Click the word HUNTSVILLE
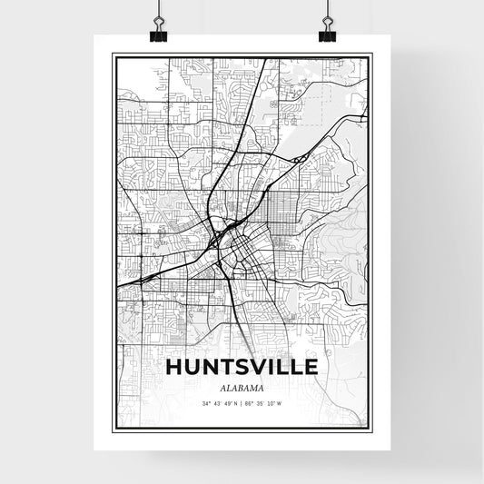[242, 368]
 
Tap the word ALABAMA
[242, 388]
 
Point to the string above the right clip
[326, 9]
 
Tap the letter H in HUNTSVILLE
[174, 368]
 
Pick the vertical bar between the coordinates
[241, 403]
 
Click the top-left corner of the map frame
[113, 54]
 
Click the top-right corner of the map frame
[372, 54]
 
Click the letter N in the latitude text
[234, 403]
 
